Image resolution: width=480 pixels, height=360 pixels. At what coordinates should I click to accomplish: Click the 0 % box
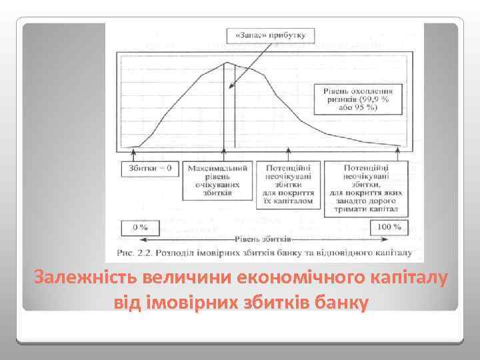coord(140,227)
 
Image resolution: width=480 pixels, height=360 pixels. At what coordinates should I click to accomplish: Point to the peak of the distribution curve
coord(225,63)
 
